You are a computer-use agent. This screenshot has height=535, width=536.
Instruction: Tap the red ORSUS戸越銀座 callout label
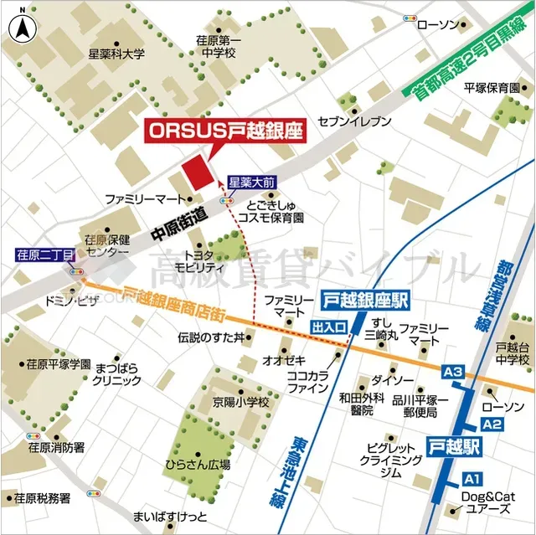(224, 131)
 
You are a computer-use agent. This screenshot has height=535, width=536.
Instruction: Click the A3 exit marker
(453, 371)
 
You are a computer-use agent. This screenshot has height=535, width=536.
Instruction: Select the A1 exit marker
(472, 479)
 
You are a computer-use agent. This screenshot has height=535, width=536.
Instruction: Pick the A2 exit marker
(492, 424)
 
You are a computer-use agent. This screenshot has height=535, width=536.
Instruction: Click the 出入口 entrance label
(329, 327)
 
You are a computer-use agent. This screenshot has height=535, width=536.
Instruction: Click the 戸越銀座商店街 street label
(171, 302)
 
